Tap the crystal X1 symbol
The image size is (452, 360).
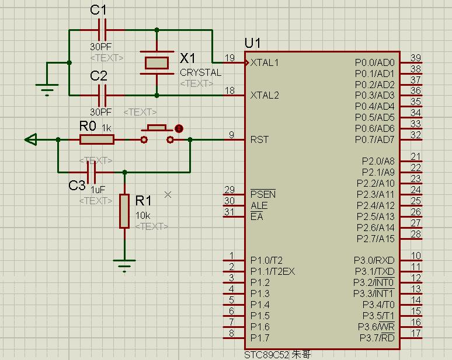click(157, 62)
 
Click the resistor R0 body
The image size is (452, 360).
click(97, 139)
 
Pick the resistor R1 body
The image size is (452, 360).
click(124, 211)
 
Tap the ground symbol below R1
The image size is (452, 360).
click(124, 265)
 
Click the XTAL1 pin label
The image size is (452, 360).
click(265, 62)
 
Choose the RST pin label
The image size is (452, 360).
click(259, 139)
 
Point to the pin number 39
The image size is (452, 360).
click(416, 57)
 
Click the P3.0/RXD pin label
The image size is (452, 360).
click(374, 260)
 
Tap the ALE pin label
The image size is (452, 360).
click(259, 205)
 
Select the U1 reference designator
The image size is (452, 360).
click(253, 43)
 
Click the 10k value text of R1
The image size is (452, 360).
click(142, 215)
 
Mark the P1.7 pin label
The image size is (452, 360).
click(260, 338)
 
